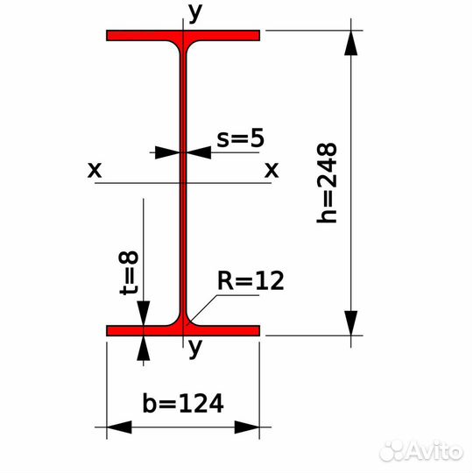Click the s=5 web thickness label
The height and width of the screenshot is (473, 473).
coord(240,138)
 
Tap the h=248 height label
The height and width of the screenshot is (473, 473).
coord(327,183)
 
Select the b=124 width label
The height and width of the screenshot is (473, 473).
coord(183,403)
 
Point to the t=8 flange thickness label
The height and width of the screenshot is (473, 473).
coord(129,272)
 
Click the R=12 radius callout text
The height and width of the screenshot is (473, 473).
coord(251,280)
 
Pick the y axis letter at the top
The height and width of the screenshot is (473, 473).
coord(195,12)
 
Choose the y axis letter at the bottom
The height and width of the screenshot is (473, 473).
coord(194,348)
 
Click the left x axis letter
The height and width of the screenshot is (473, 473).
coord(95,170)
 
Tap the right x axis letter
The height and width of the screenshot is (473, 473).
coord(272,170)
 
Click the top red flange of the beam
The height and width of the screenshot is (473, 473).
coord(183,36)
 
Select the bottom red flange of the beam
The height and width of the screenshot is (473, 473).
coord(183,330)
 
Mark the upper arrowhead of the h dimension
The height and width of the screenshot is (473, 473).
coord(351,43)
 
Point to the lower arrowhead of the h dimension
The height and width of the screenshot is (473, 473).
coord(351,323)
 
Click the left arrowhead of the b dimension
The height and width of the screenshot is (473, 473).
coord(119,427)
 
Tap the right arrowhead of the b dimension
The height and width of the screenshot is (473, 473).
coord(247,427)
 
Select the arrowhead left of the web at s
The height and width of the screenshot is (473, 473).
coord(167,152)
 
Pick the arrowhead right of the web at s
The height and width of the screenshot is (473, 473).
coord(199,152)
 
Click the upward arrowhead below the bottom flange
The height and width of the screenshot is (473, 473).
coord(144,348)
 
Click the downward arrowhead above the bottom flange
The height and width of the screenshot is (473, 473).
coord(144,313)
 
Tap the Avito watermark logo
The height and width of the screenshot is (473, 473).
coord(421,451)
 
